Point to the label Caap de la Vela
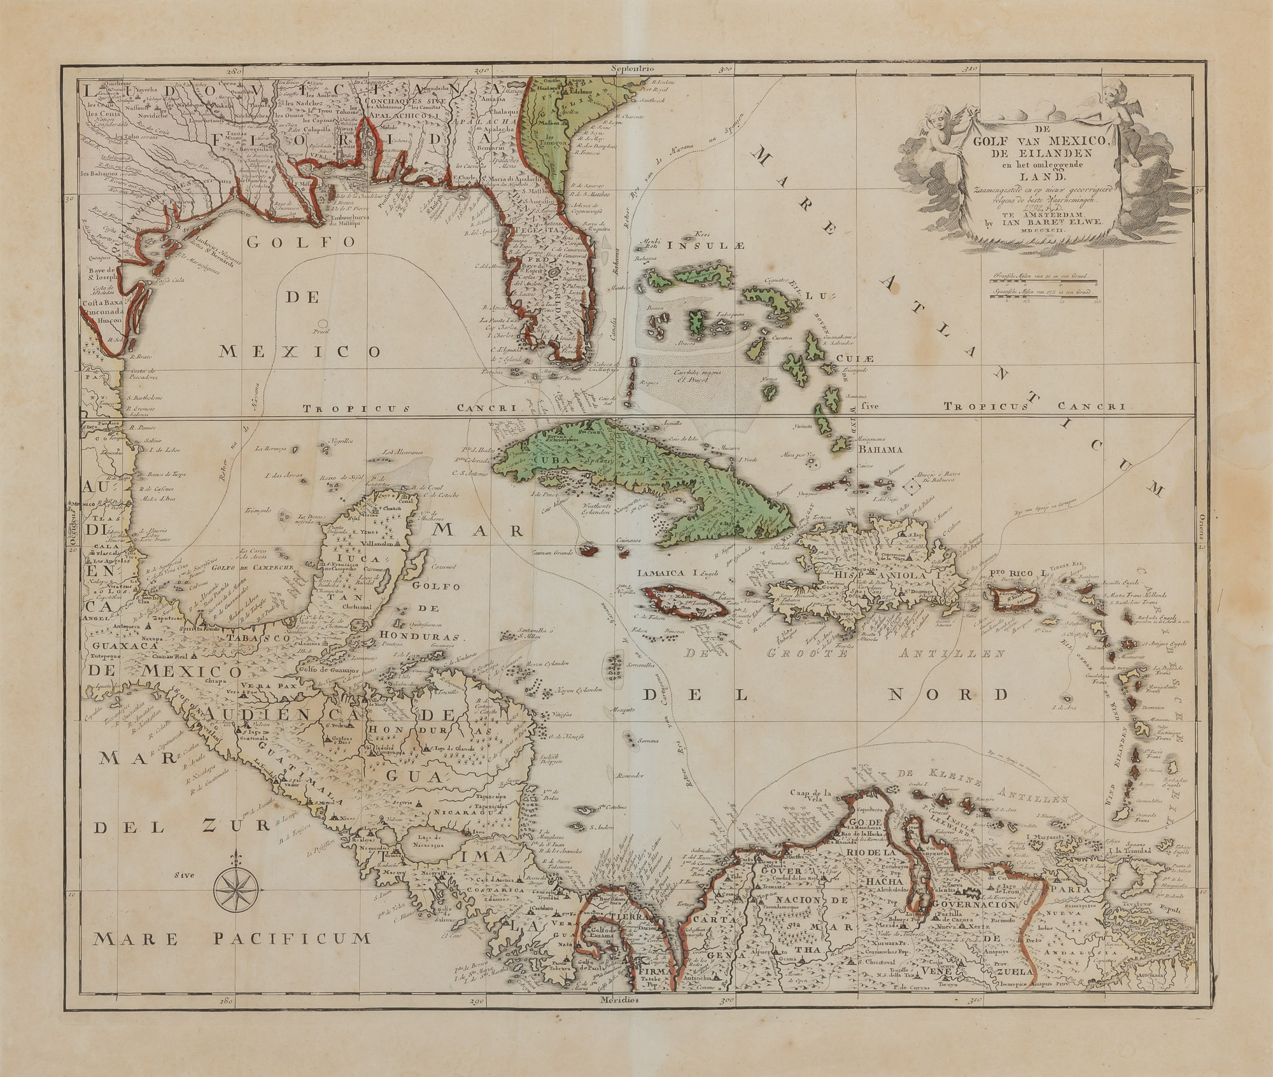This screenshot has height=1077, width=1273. tap(812, 792)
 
